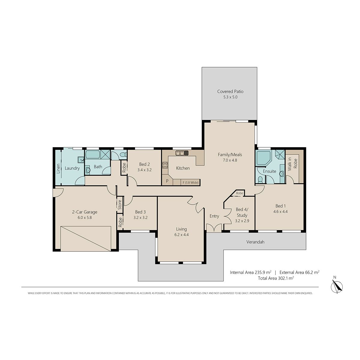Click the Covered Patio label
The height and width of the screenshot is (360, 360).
(x=230, y=91)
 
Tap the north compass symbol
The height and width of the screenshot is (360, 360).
(x=337, y=287)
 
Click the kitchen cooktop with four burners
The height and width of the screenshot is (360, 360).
(x=165, y=165)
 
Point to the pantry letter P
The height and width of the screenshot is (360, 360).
(x=167, y=181)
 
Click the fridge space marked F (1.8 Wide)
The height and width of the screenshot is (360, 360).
(x=190, y=182)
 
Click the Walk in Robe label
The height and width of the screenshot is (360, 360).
(x=292, y=164)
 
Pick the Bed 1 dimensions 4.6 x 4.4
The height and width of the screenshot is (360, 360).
(x=280, y=212)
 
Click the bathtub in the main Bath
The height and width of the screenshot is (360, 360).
(x=93, y=154)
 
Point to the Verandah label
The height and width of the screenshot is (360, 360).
(x=255, y=242)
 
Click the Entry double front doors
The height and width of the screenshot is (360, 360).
(x=214, y=228)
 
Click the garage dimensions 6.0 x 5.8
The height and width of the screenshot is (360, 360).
(x=85, y=217)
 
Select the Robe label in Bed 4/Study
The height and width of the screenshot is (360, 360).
(x=239, y=193)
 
